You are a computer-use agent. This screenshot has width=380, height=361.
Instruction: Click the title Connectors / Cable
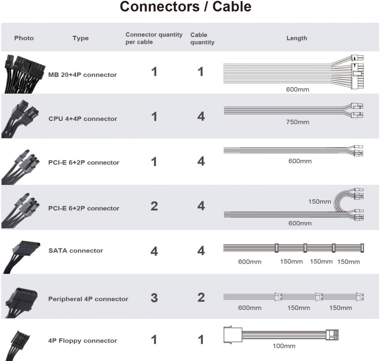click(185, 7)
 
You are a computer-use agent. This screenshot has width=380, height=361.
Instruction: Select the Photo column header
click(24, 38)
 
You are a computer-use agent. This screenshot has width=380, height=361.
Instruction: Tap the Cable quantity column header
click(202, 38)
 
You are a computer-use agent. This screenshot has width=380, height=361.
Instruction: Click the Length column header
click(296, 38)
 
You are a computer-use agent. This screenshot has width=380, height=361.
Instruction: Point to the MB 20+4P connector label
click(82, 75)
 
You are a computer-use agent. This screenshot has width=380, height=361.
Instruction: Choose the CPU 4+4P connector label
click(83, 119)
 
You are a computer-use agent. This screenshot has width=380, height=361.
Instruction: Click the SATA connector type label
click(76, 251)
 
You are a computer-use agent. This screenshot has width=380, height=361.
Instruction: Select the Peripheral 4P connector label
click(88, 299)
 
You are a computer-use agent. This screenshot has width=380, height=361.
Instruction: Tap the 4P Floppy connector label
click(82, 341)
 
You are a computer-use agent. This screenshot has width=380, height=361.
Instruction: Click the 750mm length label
click(298, 122)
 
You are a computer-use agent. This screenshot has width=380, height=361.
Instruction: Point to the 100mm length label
click(284, 346)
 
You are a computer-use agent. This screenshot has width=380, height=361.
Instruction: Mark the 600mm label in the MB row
click(298, 90)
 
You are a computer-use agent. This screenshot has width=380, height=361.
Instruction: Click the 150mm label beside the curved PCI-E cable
click(320, 202)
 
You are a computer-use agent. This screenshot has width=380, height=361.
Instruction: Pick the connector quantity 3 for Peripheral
click(154, 298)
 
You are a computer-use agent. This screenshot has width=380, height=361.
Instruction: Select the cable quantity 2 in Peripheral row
click(201, 297)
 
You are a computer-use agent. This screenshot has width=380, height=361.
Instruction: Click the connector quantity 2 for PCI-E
click(154, 206)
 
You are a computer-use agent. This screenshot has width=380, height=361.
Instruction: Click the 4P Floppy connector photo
click(19, 342)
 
